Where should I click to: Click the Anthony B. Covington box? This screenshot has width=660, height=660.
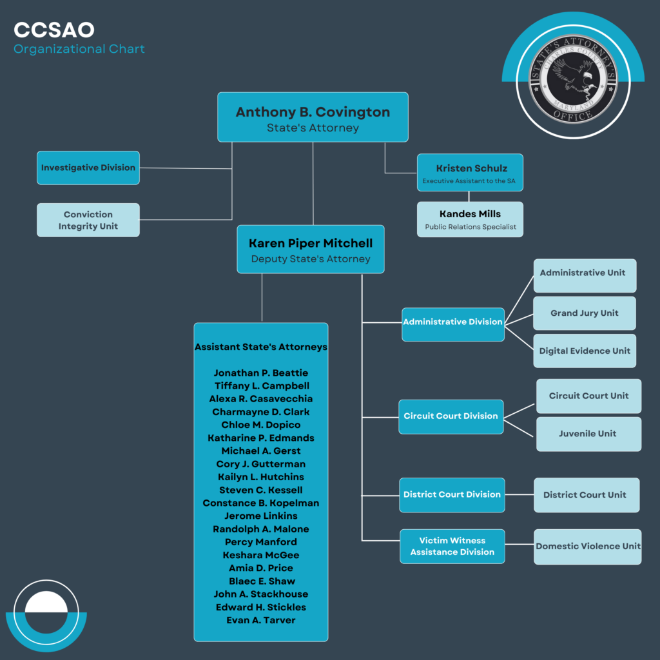313,117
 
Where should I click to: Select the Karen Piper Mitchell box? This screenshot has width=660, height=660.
311,249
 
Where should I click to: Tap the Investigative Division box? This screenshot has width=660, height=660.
88,168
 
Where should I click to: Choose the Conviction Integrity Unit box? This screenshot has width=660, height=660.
88,220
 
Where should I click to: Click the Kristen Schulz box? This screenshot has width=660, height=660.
470,173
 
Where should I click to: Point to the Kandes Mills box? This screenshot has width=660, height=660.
470,219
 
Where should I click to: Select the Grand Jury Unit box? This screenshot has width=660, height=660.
585,313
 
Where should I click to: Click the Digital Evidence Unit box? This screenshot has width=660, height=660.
585,351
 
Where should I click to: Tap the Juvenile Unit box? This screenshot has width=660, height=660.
589,434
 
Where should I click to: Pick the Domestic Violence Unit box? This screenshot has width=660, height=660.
588,547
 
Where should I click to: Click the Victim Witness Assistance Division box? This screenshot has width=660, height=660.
452,547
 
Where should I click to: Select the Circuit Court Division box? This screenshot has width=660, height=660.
451,417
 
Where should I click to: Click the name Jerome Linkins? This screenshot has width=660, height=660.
261,516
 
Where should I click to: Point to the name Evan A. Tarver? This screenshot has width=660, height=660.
261,621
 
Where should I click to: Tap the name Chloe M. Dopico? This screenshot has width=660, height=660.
261,425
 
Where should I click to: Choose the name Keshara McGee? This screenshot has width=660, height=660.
261,555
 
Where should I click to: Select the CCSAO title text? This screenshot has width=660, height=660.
54,30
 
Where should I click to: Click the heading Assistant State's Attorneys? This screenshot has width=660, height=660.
261,347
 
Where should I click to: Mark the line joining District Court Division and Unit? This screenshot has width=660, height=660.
519,494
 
